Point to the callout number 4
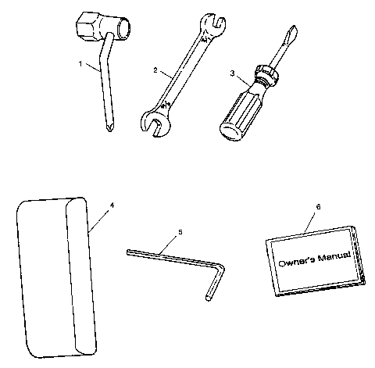112,205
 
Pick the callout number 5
180,232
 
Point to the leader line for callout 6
310,220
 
